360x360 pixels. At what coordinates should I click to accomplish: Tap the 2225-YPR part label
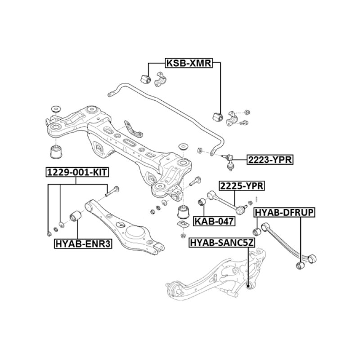click(x=241, y=185)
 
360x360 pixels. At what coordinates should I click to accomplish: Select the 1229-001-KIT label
click(x=77, y=171)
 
